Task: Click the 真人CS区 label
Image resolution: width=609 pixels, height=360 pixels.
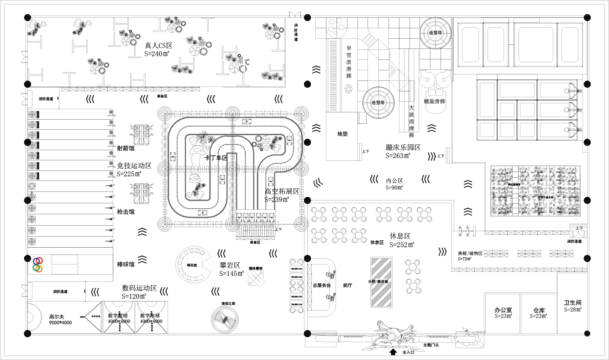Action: point(158,46)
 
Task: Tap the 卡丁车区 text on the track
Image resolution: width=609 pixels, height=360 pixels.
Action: point(216,158)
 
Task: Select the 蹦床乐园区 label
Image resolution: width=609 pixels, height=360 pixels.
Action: point(403,148)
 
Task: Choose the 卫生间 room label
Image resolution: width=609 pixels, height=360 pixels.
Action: point(572,302)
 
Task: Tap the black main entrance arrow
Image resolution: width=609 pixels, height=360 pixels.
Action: point(393,352)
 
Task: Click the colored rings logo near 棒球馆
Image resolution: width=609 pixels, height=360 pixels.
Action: point(38,264)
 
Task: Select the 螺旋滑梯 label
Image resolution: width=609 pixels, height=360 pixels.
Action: point(434,101)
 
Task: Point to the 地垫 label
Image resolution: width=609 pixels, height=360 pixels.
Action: point(342,134)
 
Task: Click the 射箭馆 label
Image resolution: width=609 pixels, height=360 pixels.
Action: point(126,148)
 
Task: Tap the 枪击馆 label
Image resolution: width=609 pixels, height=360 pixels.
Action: point(126,212)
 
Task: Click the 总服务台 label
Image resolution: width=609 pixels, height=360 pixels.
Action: point(321,285)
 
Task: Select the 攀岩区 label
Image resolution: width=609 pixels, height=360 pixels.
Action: point(230,265)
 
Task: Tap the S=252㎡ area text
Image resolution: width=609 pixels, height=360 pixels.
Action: point(402,245)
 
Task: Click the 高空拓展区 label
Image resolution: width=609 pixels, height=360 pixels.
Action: point(282,191)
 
